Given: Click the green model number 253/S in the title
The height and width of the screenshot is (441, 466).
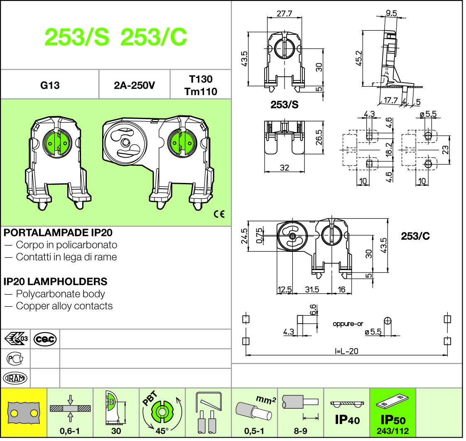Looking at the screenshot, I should [77, 38].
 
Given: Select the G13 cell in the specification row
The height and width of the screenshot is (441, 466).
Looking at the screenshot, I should [50, 85].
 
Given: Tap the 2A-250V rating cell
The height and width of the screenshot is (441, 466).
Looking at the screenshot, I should [134, 86].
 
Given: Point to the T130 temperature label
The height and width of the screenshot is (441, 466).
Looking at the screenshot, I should [201, 79].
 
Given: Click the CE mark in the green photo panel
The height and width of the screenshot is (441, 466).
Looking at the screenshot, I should [219, 214].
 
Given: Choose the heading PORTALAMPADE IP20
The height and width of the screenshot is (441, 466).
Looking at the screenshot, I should [58, 233].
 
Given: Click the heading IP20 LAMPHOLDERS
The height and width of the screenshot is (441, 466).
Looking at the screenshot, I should [55, 282].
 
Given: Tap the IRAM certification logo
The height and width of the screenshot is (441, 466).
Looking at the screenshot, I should [15, 378].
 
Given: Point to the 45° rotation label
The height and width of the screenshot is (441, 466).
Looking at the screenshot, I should [162, 431].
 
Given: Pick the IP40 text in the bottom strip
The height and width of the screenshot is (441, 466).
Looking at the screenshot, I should [347, 420].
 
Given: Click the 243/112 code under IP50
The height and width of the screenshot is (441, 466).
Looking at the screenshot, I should [392, 431].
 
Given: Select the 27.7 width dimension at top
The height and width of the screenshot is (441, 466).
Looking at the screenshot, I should [285, 14].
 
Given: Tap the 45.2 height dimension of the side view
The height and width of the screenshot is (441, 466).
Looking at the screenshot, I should [359, 58].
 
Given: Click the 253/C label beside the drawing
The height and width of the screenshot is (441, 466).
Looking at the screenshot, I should [415, 236].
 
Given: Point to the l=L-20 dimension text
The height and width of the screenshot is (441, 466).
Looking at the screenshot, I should [346, 351].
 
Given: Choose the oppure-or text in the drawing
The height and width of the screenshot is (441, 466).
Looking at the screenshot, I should [348, 324].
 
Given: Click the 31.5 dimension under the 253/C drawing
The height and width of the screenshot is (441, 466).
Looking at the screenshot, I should [311, 290].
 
